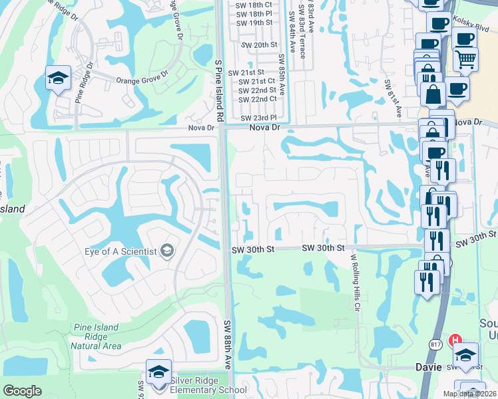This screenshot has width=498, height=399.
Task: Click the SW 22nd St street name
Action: (x=258, y=90)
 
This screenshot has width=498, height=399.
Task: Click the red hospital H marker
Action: (x=456, y=340)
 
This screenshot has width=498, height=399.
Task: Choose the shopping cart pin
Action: (x=465, y=60)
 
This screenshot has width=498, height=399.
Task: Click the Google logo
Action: (x=23, y=391)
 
